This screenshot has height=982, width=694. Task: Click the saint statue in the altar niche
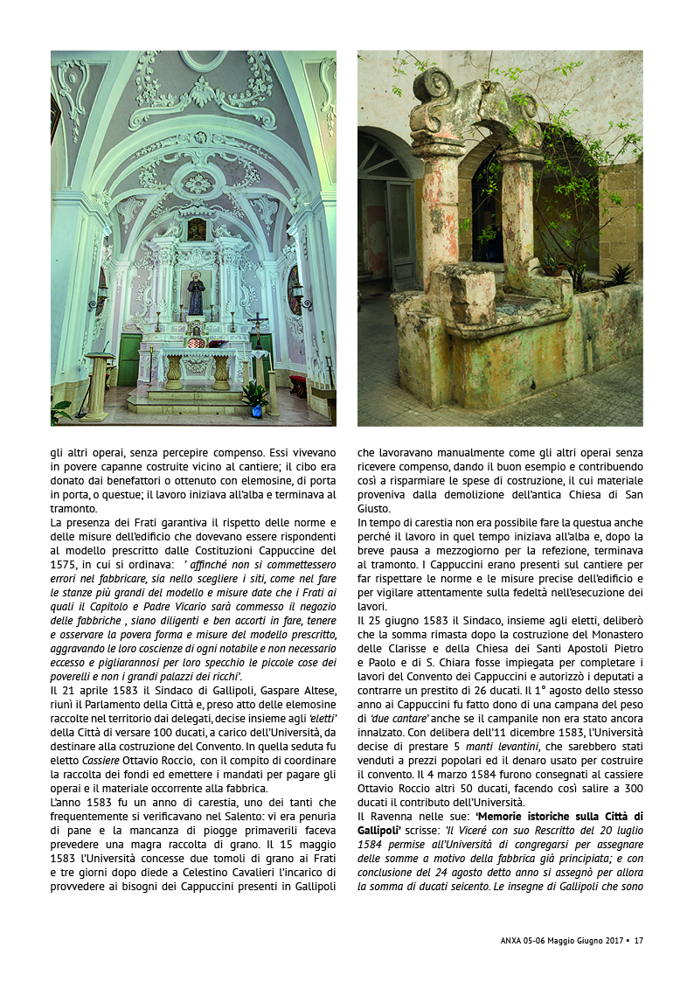click(196, 296)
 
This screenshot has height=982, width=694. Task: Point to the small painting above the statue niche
click(197, 230)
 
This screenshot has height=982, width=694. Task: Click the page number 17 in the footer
click(639, 941)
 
